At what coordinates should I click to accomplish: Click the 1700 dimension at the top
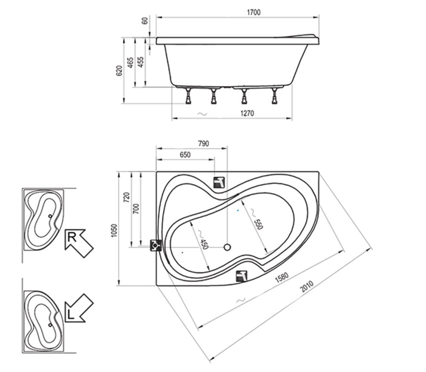click(253, 12)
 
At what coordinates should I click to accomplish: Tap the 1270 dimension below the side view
click(247, 113)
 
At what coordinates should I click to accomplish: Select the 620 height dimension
click(119, 71)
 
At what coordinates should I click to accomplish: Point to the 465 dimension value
click(130, 63)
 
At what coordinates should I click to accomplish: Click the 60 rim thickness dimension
click(145, 20)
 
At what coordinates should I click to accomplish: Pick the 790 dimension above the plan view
click(203, 143)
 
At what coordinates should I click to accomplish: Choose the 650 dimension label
click(185, 155)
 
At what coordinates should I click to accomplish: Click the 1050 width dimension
click(114, 230)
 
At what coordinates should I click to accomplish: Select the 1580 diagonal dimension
click(282, 277)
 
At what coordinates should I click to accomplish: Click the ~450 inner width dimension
click(202, 240)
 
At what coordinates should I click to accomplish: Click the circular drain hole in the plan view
click(227, 247)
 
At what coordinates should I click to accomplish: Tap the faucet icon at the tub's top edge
click(219, 182)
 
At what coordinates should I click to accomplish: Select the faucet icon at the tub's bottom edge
click(242, 276)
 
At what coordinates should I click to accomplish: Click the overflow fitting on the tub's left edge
click(156, 245)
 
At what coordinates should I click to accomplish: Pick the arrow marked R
click(79, 243)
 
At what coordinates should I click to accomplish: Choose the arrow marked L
click(79, 308)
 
